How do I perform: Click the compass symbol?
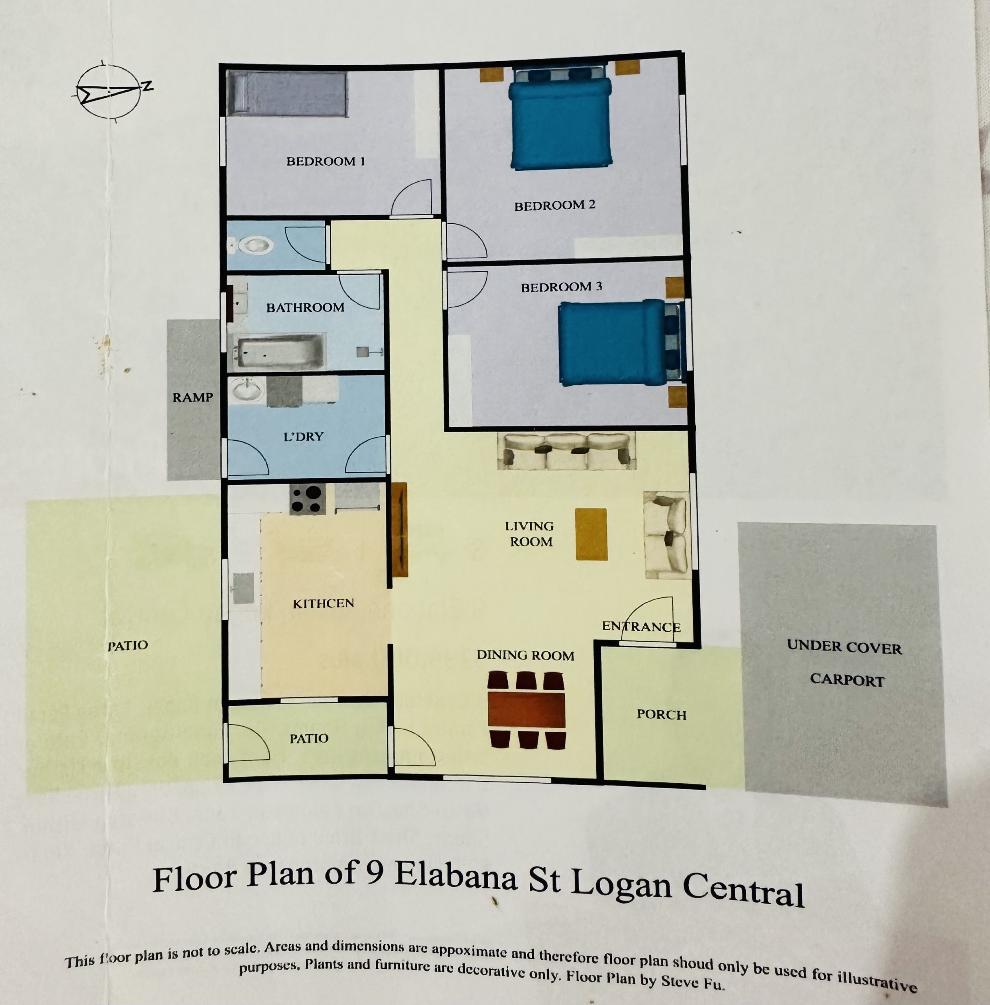coord(110,92)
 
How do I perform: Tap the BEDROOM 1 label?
coord(326,161)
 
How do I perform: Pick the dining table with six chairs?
coord(526,710)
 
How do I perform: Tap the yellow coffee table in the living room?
coord(591,534)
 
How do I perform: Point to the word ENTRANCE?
coord(641,627)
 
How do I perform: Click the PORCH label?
coord(661,715)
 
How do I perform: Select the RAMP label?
coord(193,398)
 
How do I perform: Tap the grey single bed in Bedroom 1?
coord(287,93)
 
